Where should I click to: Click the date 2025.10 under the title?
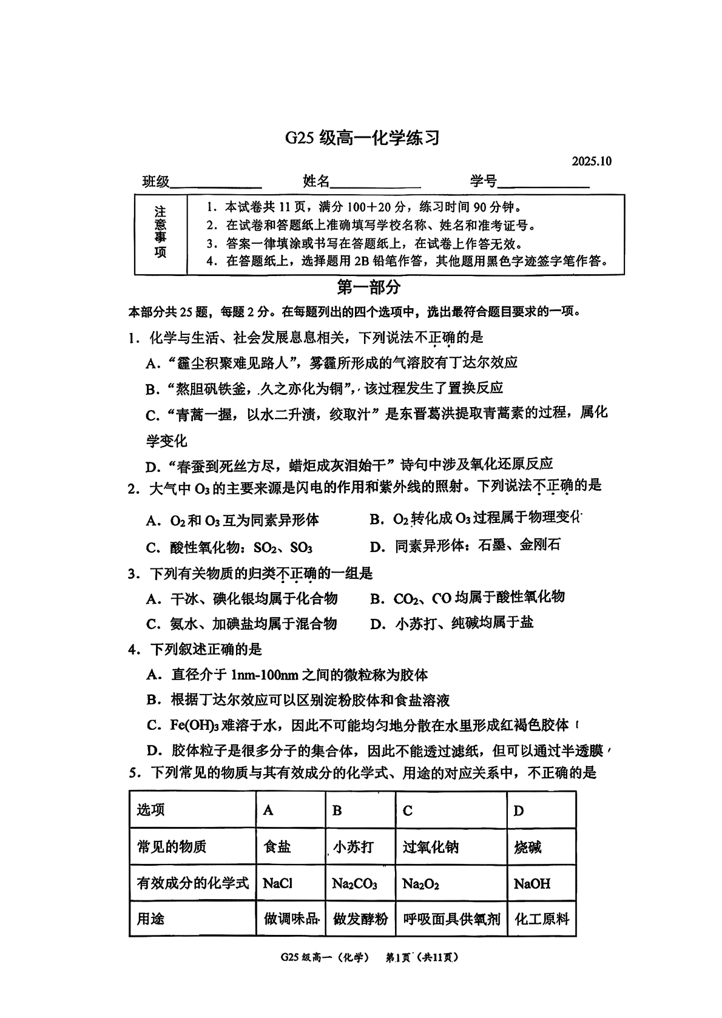click(591, 161)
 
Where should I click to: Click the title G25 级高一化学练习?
click(362, 138)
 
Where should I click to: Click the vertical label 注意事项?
click(160, 233)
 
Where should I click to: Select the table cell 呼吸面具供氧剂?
click(451, 919)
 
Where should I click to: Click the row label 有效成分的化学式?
click(192, 883)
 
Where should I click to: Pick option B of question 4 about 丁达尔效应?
click(298, 700)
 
